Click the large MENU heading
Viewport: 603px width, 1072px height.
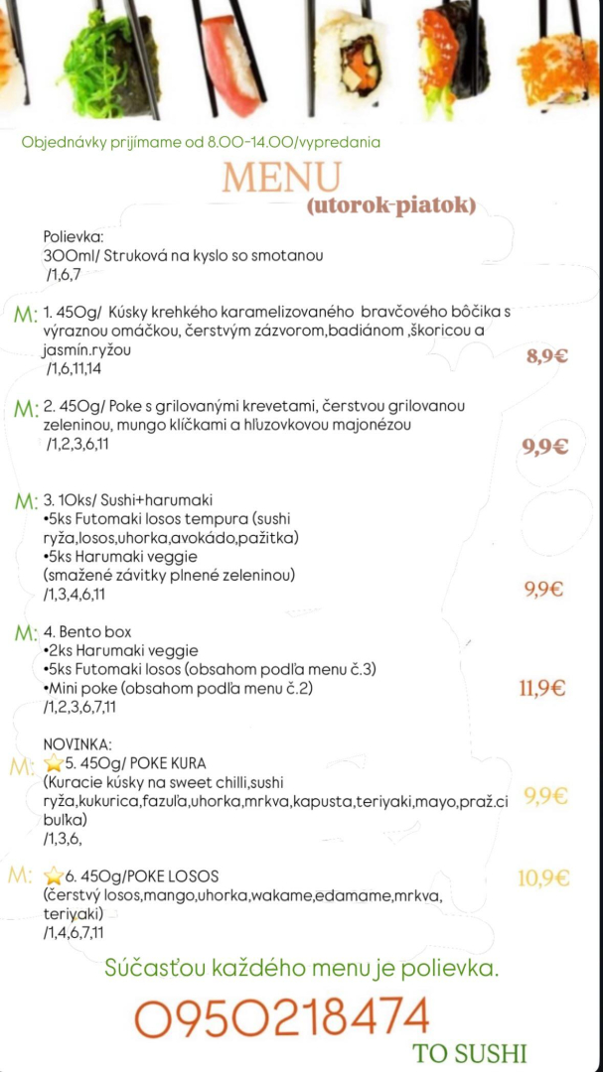pos(281,177)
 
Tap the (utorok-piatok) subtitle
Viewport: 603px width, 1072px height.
pos(392,205)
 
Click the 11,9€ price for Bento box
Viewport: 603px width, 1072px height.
pos(542,687)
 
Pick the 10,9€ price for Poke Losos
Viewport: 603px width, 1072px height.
pos(543,877)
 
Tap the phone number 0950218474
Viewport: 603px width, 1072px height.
pos(281,1017)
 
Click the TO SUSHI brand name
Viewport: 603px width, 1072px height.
pos(470,1053)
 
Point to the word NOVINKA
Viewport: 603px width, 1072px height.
pos(78,743)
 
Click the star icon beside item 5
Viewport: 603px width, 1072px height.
pos(54,763)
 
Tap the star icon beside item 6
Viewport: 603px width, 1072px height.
pos(54,876)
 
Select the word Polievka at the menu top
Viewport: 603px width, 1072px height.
pos(74,237)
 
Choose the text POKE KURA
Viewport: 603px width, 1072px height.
pos(170,763)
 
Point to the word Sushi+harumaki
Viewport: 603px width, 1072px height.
pos(159,500)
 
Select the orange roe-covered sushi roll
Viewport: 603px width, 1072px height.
pos(556,60)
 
